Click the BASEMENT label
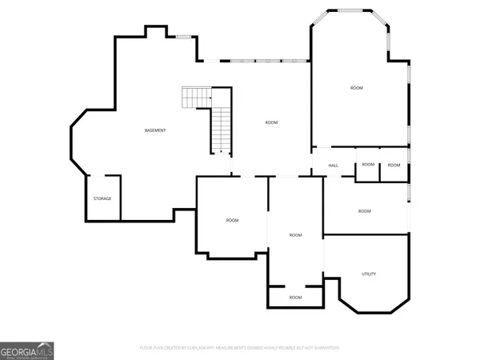[x=155, y=130]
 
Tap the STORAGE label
[x=102, y=198]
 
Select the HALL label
[x=334, y=166]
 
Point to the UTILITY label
[x=369, y=274]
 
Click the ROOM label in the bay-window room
[x=357, y=87]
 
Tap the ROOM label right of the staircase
[x=271, y=122]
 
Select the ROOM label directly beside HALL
[x=367, y=165]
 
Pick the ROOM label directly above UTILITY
[x=365, y=211]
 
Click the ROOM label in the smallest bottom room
[x=296, y=298]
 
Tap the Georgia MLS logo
[x=27, y=350]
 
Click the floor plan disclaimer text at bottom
[x=240, y=348]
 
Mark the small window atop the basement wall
[x=184, y=36]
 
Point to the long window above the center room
[x=265, y=61]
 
